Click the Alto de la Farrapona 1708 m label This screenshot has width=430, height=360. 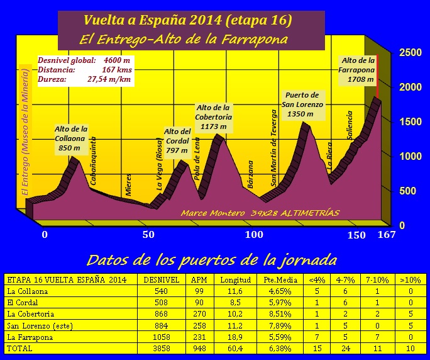point(358,70)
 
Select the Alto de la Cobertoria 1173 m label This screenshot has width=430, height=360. point(214,117)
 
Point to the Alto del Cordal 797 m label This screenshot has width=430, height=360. point(177,141)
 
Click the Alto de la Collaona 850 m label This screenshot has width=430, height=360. point(70,138)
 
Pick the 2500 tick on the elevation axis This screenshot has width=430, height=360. point(411,53)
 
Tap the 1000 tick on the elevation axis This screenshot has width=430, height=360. point(411,156)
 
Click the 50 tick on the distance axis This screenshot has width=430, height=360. point(148,235)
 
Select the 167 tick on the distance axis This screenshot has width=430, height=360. point(386,235)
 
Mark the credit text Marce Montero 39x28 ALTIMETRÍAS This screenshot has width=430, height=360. point(260,213)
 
